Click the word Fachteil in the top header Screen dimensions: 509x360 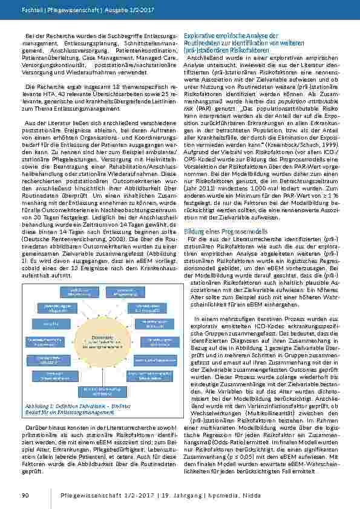coord(30,11)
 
